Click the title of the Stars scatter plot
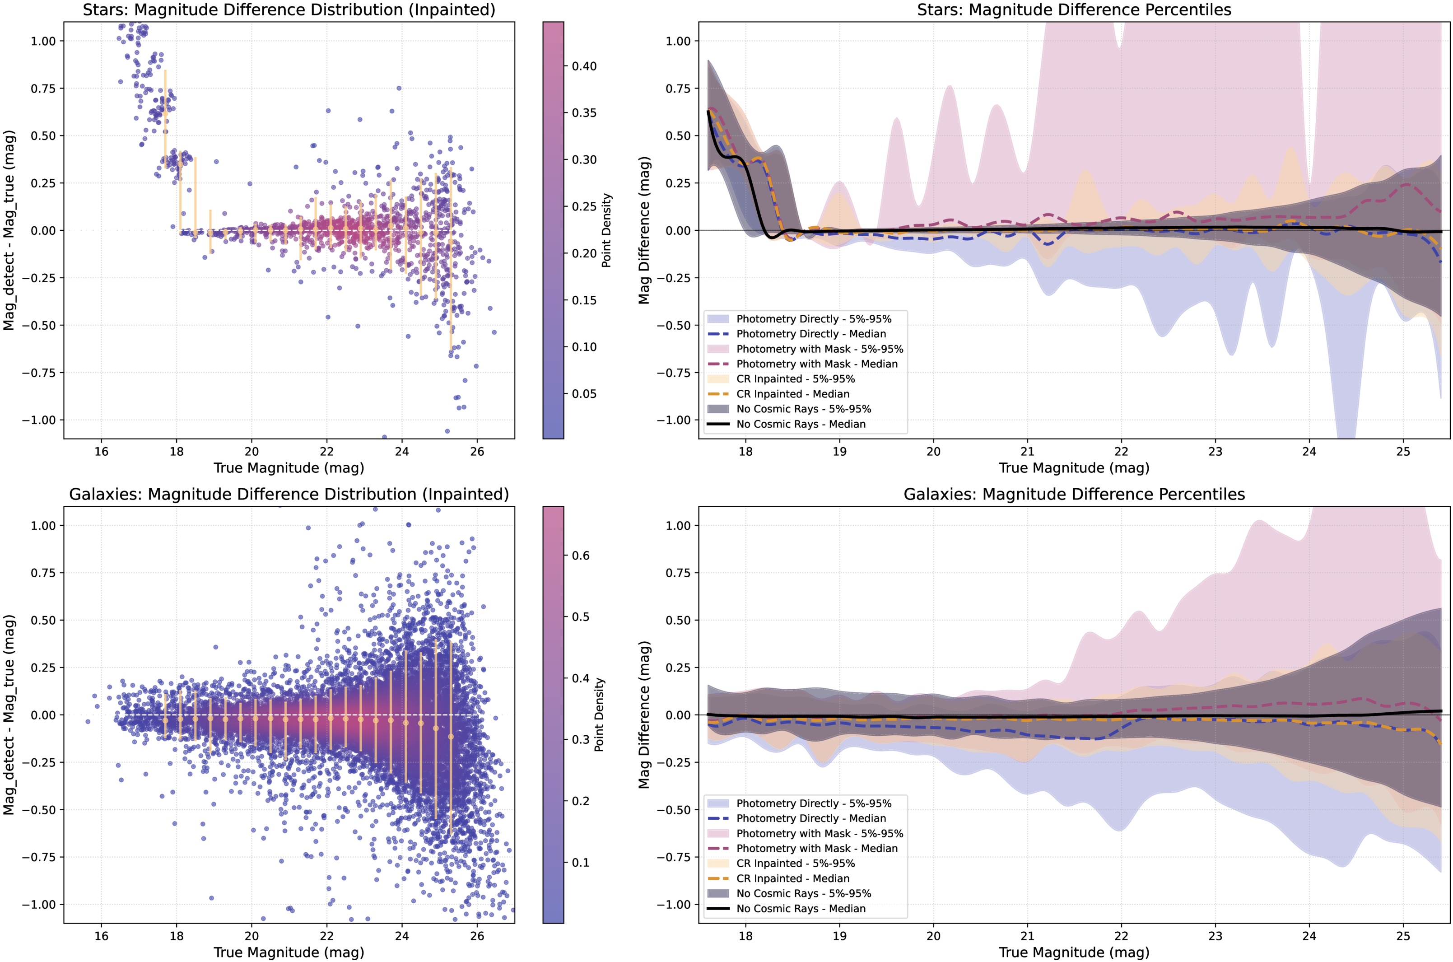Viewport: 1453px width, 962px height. tap(289, 10)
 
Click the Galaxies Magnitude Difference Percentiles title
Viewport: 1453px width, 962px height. tap(1074, 495)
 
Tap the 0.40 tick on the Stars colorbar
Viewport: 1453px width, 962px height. tap(584, 66)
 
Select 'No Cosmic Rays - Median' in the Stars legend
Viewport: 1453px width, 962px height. tap(801, 424)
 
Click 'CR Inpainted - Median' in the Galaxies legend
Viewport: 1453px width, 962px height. tap(792, 878)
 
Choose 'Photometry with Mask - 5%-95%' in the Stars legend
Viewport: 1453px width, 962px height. tap(820, 349)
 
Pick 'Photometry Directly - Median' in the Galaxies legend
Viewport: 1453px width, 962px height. tap(811, 818)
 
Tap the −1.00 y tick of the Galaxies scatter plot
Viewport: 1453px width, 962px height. tap(39, 904)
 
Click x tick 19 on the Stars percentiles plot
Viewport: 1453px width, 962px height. tap(839, 452)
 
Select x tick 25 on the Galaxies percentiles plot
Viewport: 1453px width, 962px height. tap(1403, 936)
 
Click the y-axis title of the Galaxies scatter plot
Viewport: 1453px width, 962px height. tap(9, 715)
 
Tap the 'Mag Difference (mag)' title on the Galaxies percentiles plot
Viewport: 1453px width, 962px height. tap(643, 715)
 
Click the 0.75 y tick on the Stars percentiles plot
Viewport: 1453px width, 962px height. tap(678, 89)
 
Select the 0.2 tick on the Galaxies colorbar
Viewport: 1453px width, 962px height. tap(580, 801)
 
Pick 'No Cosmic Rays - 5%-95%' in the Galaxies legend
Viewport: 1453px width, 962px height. tap(803, 893)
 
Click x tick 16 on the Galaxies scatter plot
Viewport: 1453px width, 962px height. tap(101, 936)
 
